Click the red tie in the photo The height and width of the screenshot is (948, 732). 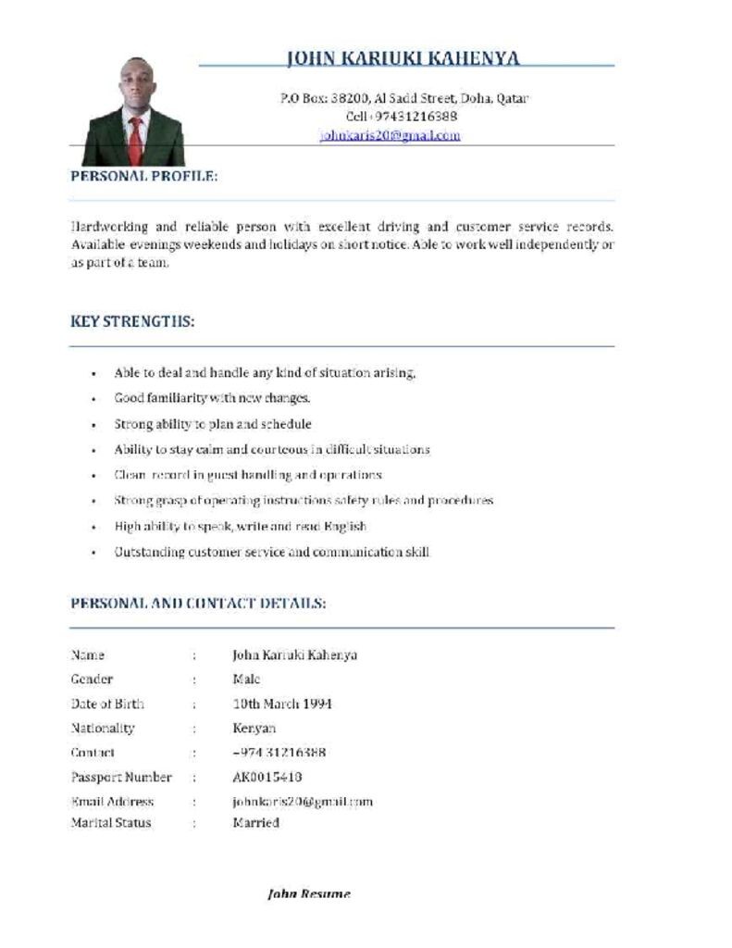pos(136,139)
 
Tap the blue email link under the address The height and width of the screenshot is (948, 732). pos(390,135)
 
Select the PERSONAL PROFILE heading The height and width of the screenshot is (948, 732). pos(144,175)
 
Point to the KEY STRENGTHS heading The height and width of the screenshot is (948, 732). pos(132,321)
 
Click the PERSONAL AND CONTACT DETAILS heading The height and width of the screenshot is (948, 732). pos(198,603)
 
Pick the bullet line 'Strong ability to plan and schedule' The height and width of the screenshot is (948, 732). pos(213,424)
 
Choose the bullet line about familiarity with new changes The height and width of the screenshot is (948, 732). pos(212,398)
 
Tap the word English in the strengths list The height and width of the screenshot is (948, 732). pos(344,526)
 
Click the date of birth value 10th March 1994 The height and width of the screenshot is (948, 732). pos(282,704)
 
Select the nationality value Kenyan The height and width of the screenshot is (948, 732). pos(254,728)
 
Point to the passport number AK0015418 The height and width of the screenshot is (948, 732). pos(267,777)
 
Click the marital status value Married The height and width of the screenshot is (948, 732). pos(255,822)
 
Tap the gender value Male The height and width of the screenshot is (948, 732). pos(246,679)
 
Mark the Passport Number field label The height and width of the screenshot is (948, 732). pos(121,777)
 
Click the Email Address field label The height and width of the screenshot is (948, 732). pos(112,802)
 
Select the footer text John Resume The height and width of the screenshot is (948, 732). pos(309,893)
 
